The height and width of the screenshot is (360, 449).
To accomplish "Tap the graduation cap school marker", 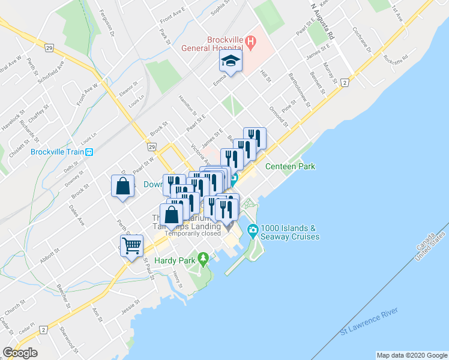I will click(231, 61).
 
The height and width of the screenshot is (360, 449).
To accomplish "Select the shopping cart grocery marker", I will click(131, 245).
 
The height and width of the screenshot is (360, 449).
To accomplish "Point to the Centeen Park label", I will click(290, 166).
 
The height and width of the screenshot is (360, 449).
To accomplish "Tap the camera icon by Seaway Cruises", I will click(253, 230).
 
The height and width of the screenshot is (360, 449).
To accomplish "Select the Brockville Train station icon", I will click(89, 152).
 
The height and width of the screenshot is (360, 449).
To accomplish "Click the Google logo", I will click(20, 353).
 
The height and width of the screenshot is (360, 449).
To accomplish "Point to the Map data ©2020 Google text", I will click(411, 355).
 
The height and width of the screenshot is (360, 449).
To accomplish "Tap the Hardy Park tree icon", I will click(203, 259).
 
